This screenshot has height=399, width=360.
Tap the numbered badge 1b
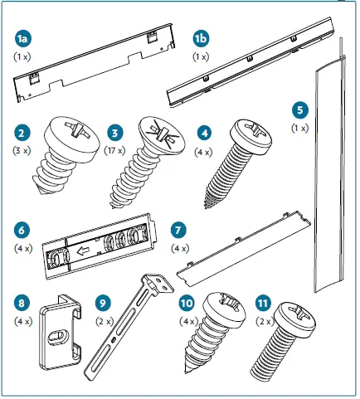(x=201, y=39)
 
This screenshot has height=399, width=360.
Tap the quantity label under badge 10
(x=187, y=321)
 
